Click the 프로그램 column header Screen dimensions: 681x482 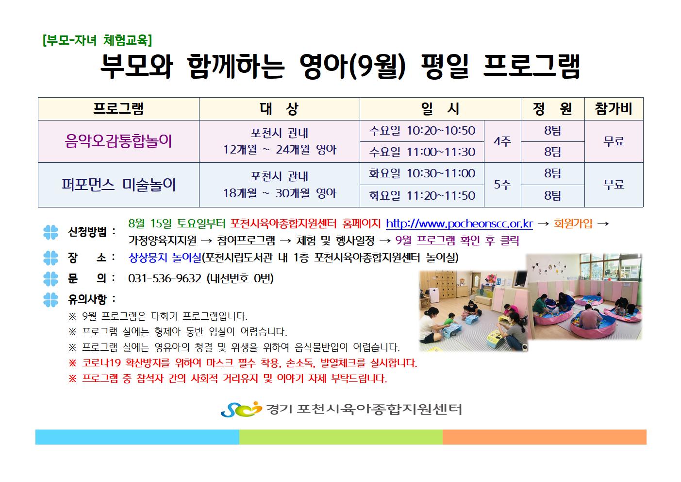(x=118, y=109)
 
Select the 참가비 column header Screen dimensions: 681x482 (x=614, y=109)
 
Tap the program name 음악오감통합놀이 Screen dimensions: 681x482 (x=118, y=141)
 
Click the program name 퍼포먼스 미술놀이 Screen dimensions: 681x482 (x=118, y=185)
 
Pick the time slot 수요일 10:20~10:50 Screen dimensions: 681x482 (x=422, y=131)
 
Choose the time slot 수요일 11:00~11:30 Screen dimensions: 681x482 (x=422, y=152)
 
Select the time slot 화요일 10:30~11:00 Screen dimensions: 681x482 (x=422, y=173)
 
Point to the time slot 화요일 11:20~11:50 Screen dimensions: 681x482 (x=422, y=195)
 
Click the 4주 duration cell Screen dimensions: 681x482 (x=502, y=141)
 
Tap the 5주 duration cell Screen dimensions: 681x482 (x=502, y=185)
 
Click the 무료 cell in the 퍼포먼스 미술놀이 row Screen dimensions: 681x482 (x=614, y=185)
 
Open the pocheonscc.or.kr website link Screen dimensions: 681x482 (x=459, y=224)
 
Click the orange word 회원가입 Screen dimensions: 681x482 (x=573, y=224)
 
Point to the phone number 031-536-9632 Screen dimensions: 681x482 (x=165, y=278)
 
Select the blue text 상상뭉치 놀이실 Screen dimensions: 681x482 (x=165, y=258)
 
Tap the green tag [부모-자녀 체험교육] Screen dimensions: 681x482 (x=97, y=40)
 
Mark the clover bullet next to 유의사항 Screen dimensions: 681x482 (x=51, y=299)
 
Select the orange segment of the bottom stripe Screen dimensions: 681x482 (x=544, y=437)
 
